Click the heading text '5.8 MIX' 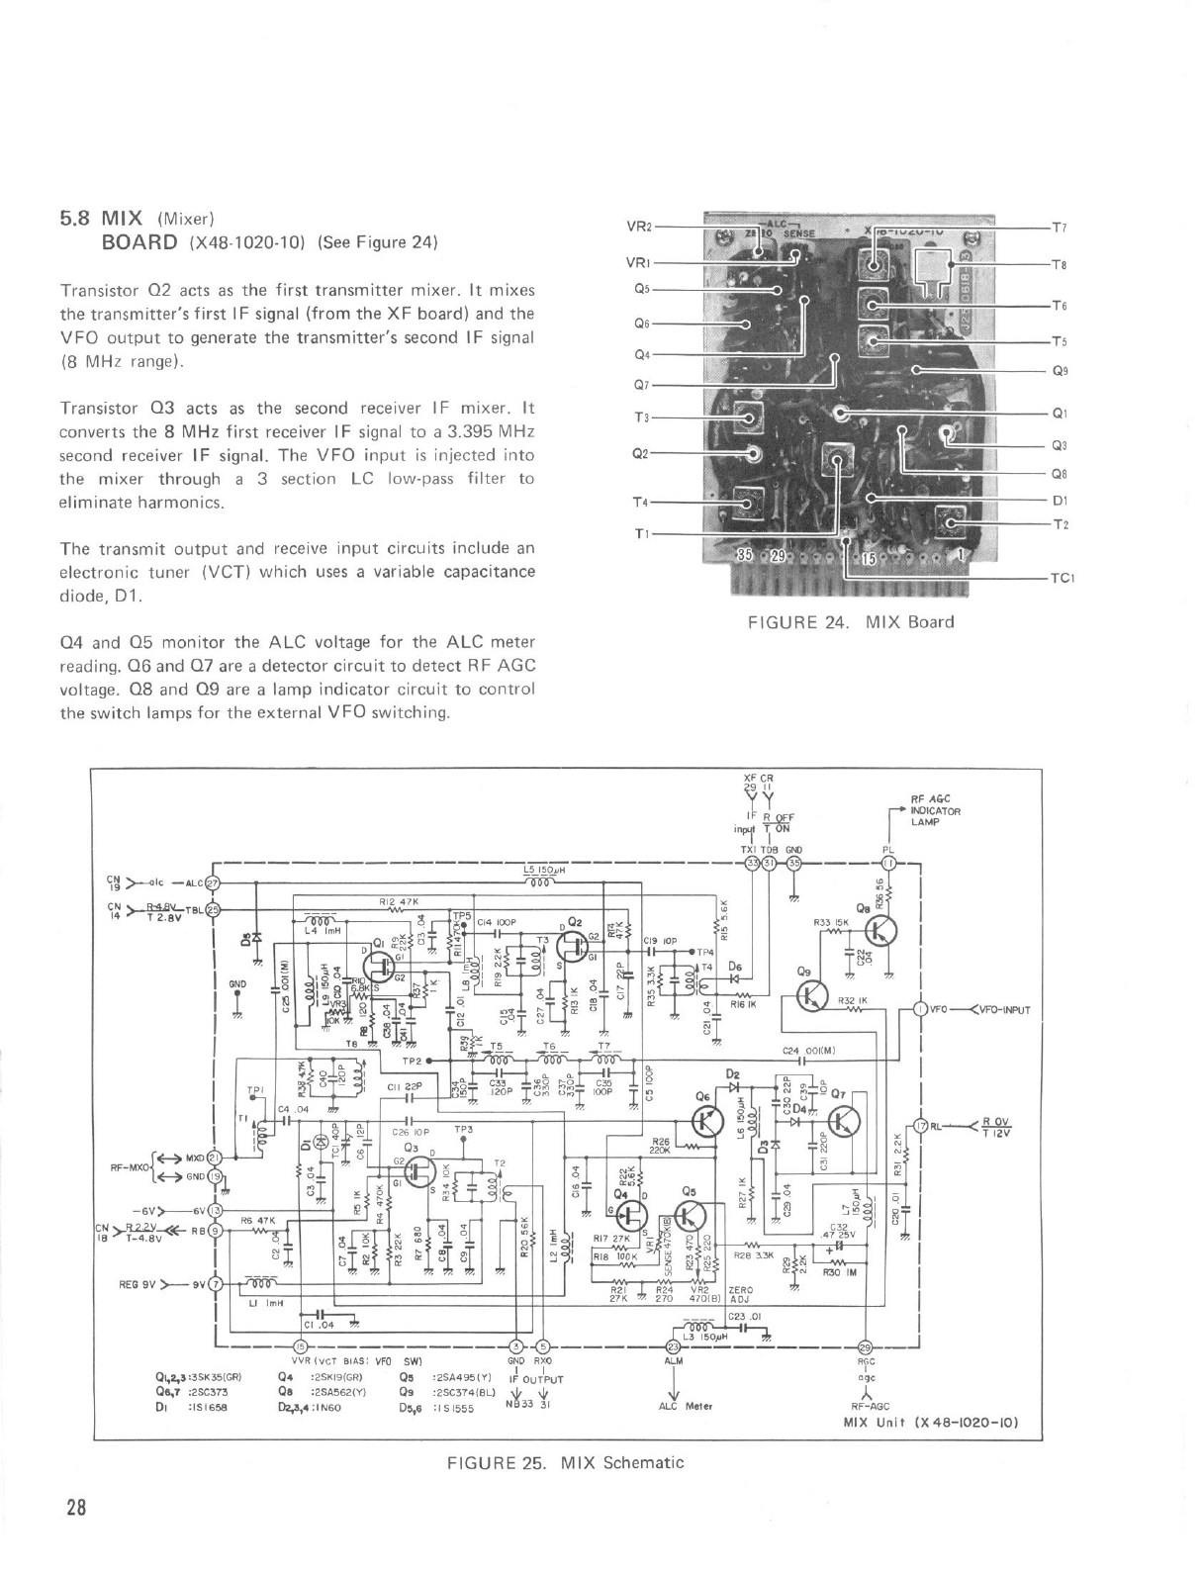tap(103, 217)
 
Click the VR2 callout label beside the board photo tap(639, 226)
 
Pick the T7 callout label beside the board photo tap(1059, 228)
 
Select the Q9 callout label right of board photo tap(1060, 372)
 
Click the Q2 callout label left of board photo tap(640, 454)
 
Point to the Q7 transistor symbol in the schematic tap(845, 1121)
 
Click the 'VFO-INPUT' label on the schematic tap(1001, 1010)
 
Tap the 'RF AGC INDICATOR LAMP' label tap(935, 809)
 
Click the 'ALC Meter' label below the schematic tap(680, 1405)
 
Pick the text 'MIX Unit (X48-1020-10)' tap(931, 1424)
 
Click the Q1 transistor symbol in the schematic tap(377, 963)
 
